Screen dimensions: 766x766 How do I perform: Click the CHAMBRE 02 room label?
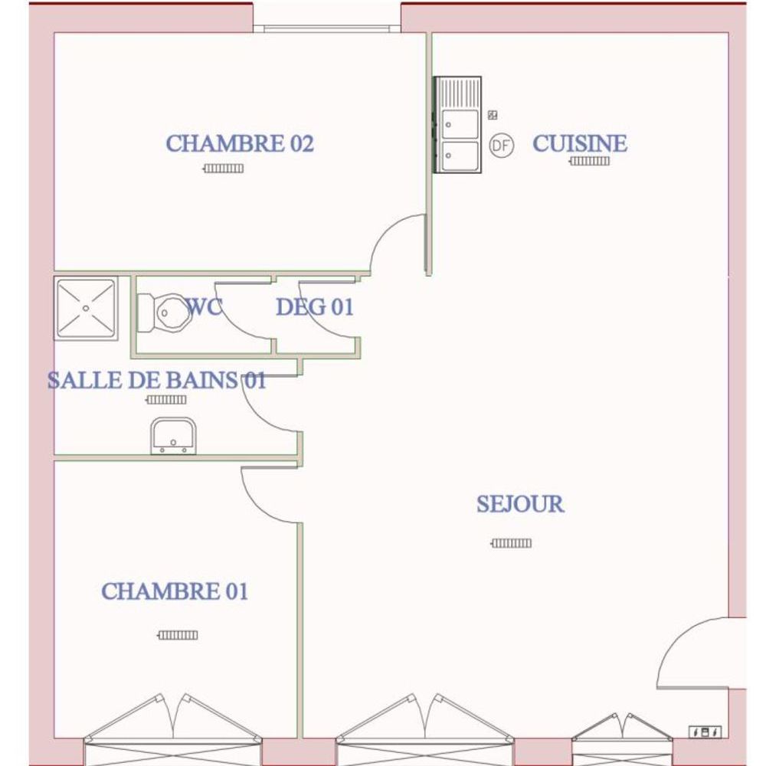click(x=240, y=144)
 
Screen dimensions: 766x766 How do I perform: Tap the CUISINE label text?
click(x=580, y=144)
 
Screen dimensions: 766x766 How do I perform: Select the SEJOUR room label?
click(x=520, y=504)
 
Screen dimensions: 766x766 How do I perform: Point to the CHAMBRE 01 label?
click(x=175, y=591)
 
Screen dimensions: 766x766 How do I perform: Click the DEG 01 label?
click(x=315, y=307)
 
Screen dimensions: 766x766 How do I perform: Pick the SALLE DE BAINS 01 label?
click(x=157, y=380)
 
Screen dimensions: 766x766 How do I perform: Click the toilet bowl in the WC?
click(x=161, y=313)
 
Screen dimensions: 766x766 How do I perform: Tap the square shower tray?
click(x=86, y=308)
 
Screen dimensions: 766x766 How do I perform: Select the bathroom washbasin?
click(x=173, y=436)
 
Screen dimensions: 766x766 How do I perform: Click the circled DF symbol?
click(x=502, y=145)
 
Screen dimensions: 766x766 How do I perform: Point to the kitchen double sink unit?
click(x=458, y=125)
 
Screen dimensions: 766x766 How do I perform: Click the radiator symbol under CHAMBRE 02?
click(x=223, y=169)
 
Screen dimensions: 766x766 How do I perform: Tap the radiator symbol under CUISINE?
click(x=590, y=161)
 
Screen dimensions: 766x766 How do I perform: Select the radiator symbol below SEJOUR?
click(x=512, y=543)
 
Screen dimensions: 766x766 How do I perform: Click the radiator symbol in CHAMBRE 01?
click(x=178, y=635)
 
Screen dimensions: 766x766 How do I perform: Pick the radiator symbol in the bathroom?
click(x=166, y=400)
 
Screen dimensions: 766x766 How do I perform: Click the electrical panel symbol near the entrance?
click(x=705, y=732)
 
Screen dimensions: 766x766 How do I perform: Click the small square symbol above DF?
click(x=493, y=116)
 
